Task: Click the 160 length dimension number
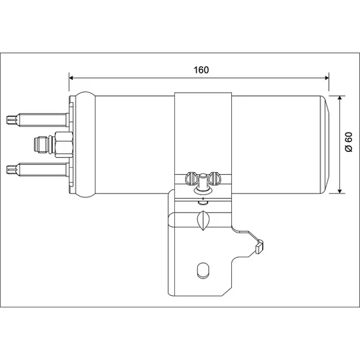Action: click(x=201, y=70)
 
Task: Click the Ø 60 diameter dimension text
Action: click(x=348, y=142)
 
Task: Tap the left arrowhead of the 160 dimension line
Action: click(x=71, y=78)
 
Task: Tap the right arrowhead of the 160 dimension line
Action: click(x=327, y=78)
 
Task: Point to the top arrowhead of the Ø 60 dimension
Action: click(x=340, y=98)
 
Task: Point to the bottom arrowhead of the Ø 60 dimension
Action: click(x=340, y=191)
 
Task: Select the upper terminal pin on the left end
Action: click(x=37, y=120)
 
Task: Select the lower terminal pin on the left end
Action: click(x=37, y=169)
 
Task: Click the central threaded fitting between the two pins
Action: click(x=53, y=145)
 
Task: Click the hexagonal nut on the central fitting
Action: click(x=64, y=145)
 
